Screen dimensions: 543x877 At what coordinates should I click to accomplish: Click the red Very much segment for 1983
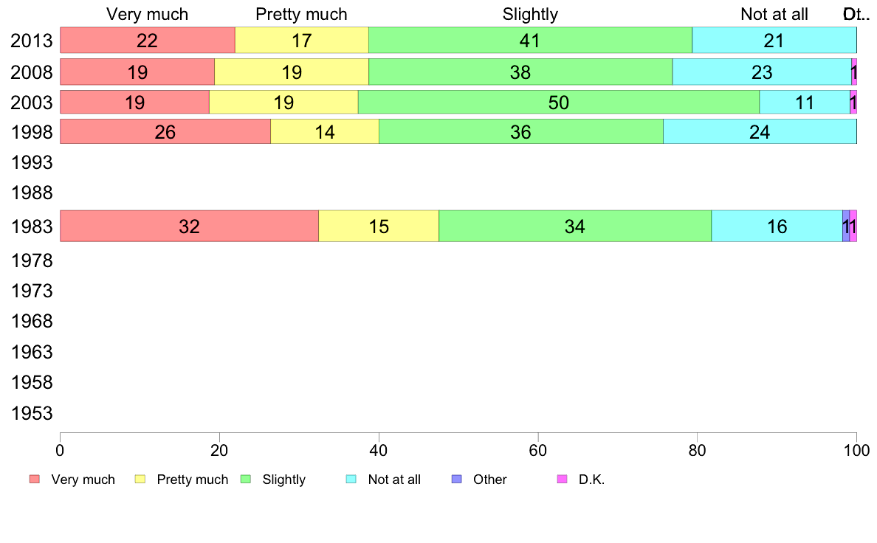(189, 226)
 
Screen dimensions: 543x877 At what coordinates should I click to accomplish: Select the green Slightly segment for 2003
(559, 103)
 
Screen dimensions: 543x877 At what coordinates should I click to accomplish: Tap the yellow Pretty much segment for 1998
(325, 131)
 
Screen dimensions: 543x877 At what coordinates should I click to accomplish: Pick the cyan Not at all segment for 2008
(762, 72)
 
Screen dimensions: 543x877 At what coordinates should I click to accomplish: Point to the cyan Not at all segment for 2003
(805, 103)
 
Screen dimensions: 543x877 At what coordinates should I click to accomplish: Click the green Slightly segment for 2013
(530, 40)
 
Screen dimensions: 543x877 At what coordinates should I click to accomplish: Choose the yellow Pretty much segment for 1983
(379, 226)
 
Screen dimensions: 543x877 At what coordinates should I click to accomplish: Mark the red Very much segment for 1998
(165, 131)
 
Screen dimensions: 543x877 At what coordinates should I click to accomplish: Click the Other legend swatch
(456, 480)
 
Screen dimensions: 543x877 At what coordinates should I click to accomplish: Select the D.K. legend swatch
(562, 480)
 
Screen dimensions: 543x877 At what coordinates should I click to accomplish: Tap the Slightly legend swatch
(246, 480)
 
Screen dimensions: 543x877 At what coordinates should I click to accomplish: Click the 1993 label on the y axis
(31, 162)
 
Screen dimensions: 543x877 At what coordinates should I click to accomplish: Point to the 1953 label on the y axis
(31, 413)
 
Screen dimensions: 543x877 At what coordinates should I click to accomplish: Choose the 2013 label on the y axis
(31, 40)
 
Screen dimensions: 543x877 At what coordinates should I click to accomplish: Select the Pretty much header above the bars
(301, 14)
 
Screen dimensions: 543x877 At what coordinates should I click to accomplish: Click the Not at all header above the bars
(774, 14)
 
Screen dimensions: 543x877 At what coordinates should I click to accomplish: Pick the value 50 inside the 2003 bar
(559, 103)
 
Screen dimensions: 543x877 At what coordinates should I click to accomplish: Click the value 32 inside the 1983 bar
(189, 226)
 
